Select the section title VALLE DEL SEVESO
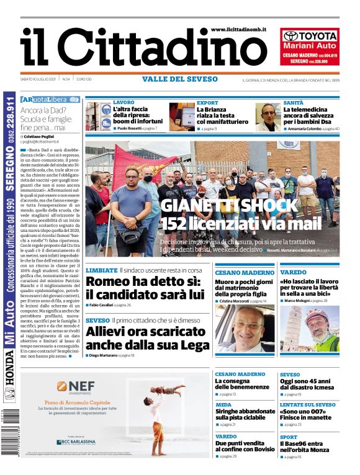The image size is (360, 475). click(x=180, y=79)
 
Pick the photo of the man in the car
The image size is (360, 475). click(x=245, y=329)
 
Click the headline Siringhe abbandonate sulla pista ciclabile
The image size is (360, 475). click(x=245, y=413)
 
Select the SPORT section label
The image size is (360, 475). click(x=289, y=437)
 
